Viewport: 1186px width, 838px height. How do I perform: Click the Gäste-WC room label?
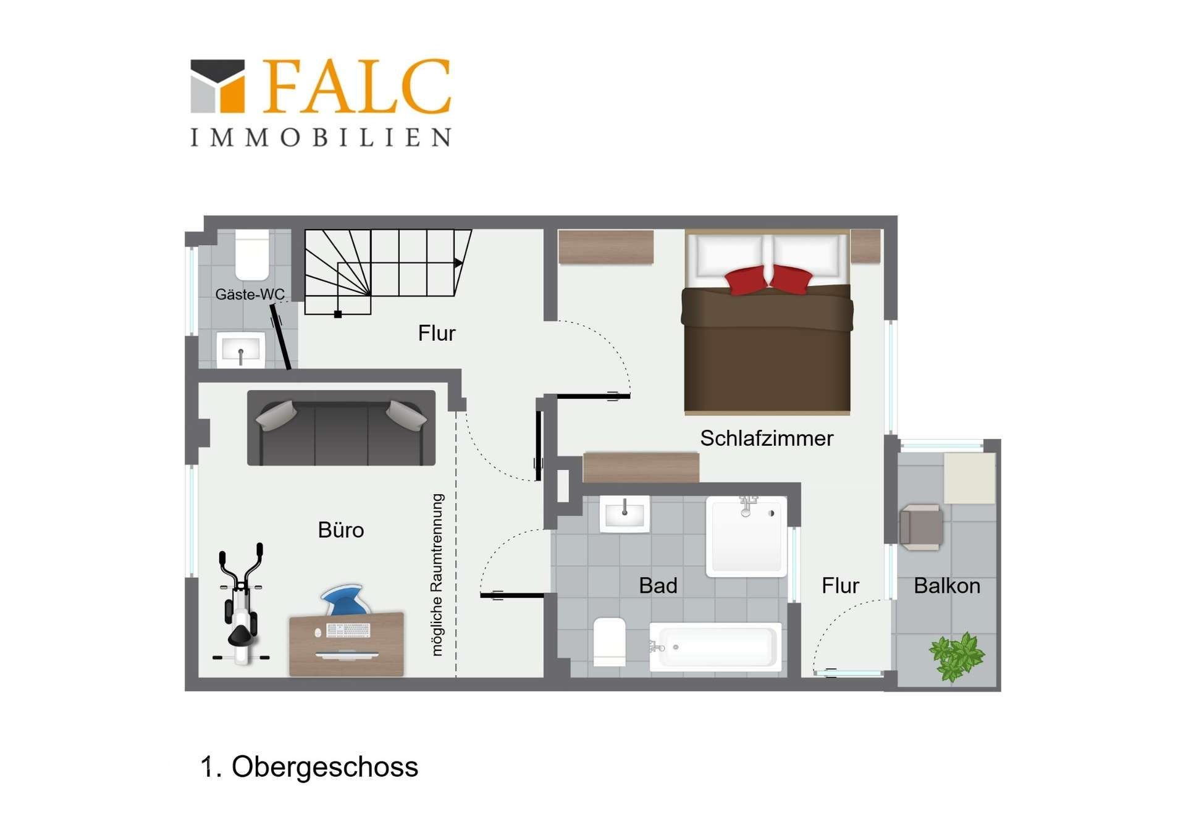point(250,295)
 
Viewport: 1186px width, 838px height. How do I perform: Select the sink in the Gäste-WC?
point(240,350)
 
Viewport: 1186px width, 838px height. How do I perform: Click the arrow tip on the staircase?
point(459,263)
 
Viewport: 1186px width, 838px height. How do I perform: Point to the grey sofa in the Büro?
point(341,428)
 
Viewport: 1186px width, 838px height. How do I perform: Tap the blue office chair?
point(345,600)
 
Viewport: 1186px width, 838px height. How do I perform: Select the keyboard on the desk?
point(348,631)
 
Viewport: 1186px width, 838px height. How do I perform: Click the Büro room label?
point(340,530)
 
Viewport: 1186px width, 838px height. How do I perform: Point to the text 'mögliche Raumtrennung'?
point(437,574)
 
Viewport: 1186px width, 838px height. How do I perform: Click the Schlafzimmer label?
point(766,438)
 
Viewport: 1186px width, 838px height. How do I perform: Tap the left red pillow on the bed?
point(746,280)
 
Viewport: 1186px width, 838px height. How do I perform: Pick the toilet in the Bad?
point(609,642)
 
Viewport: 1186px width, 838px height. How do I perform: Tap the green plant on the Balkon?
point(956,656)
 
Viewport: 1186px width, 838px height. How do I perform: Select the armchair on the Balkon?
point(921,527)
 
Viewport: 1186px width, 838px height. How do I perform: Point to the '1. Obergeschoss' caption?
point(309,767)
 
